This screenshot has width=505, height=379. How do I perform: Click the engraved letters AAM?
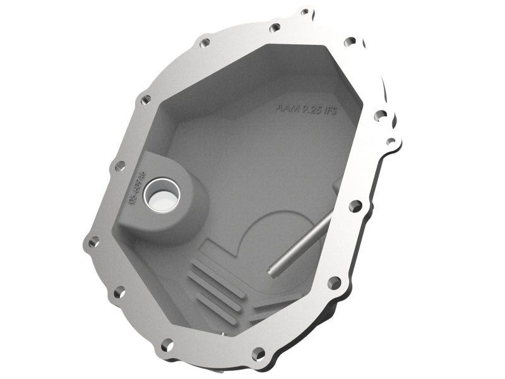pos(285,108)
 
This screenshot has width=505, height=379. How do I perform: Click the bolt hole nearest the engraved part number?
pos(117,165)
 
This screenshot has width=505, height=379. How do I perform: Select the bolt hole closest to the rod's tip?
pos(334,282)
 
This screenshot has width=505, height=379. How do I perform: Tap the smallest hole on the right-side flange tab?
pos(391,141)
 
